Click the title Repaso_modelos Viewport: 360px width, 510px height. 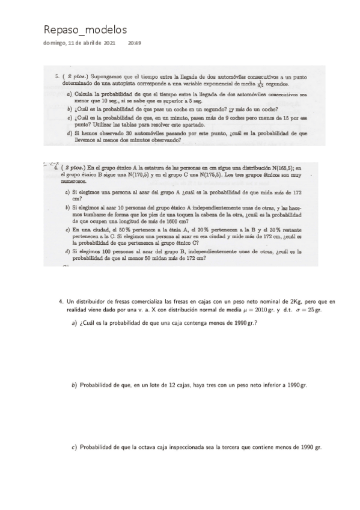click(85, 30)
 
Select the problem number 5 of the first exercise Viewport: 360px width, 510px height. click(56, 77)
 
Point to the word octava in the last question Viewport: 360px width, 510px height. click(148, 447)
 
